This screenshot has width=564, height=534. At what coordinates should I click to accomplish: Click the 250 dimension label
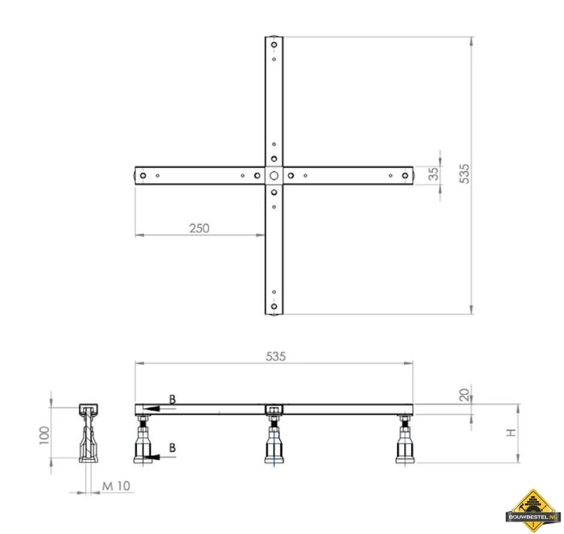tap(199, 228)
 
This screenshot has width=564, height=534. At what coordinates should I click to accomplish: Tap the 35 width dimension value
tap(434, 174)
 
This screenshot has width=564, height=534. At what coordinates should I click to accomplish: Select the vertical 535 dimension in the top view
tap(464, 174)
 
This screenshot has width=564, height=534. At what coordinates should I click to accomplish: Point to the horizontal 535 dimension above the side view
tap(276, 356)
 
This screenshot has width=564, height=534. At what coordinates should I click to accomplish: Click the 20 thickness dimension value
tap(464, 395)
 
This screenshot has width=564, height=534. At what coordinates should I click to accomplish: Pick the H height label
tap(511, 432)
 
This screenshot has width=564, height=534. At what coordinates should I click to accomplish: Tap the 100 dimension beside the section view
tap(44, 435)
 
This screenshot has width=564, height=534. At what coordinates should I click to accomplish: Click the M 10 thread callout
tap(116, 486)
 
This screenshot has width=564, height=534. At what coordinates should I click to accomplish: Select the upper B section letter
tap(173, 399)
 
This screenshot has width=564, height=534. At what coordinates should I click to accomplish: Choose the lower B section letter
tap(173, 448)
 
